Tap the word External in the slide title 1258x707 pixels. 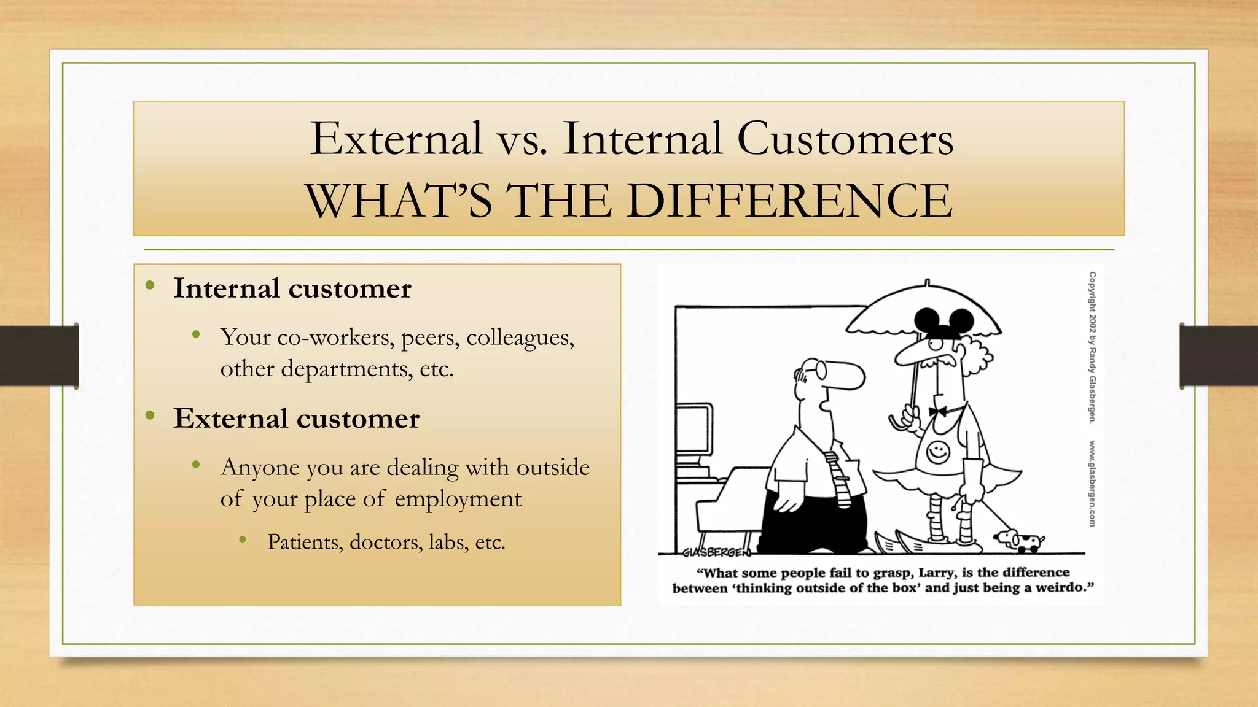[396, 139]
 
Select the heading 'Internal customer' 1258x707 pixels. [292, 288]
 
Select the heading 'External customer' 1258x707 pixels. [296, 419]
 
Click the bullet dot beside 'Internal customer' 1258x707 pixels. [150, 285]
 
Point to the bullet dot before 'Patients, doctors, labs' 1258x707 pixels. [243, 540]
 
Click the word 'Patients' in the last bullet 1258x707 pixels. [305, 542]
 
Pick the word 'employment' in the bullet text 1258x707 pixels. [458, 499]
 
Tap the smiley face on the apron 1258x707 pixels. [938, 452]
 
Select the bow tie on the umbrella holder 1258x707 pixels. [937, 411]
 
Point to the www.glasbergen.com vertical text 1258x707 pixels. [1092, 483]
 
